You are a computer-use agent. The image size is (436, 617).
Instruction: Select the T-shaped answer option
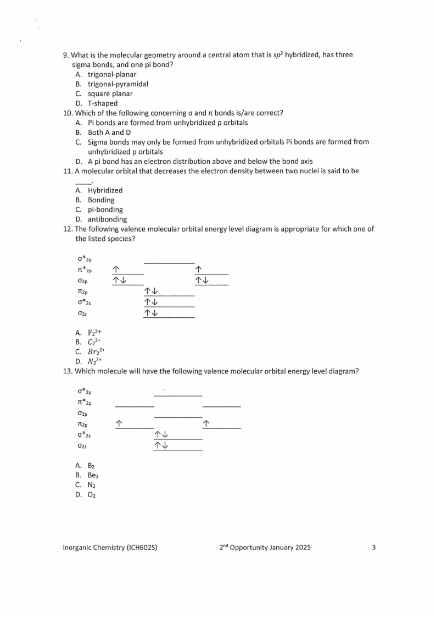pos(102,103)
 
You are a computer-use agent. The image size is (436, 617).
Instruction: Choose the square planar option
pos(110,93)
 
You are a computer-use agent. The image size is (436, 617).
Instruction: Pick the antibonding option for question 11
pos(107,219)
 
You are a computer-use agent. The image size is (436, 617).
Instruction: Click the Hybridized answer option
pos(105,190)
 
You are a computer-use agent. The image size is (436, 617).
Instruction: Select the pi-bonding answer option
pos(105,210)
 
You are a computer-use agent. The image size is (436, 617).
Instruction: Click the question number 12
pos(68,229)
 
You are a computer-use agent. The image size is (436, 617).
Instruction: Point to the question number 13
pos(68,371)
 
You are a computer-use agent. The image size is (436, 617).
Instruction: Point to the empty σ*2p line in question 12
pos(169,263)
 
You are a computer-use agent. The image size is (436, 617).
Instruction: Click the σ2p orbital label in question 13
pos(82,414)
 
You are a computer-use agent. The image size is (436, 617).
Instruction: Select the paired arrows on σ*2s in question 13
pos(162,435)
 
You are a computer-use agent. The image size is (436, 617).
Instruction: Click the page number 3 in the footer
pos(373,548)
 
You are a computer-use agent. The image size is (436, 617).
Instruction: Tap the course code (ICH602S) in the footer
pos(142,548)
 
